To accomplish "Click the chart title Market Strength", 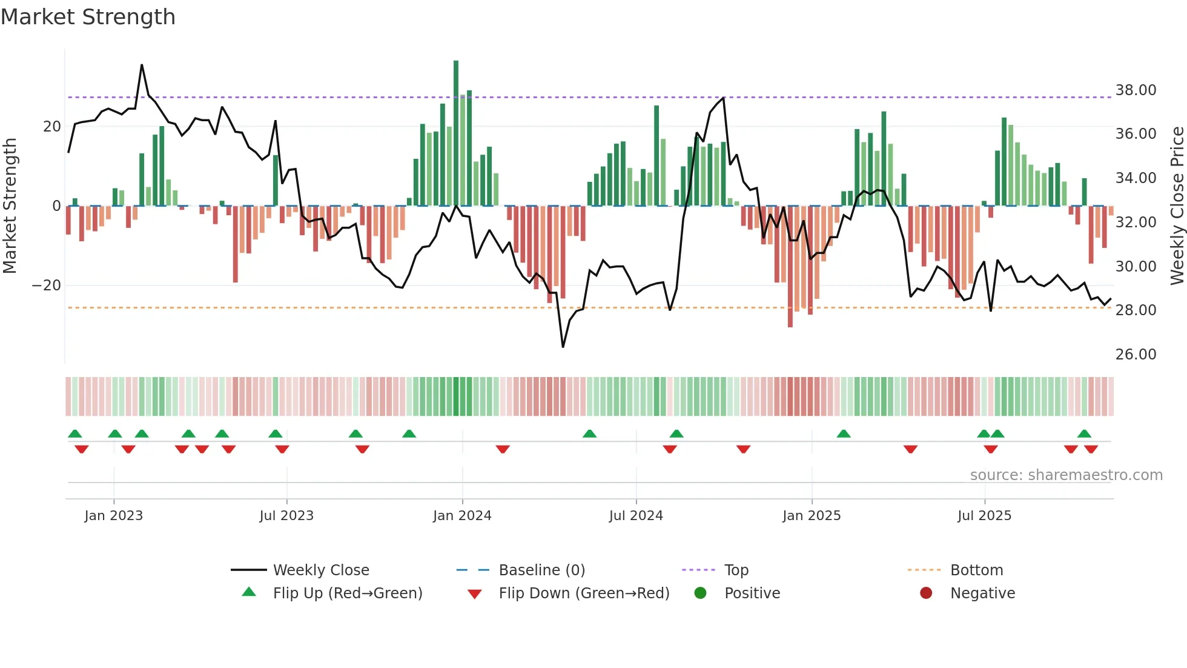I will coord(88,17).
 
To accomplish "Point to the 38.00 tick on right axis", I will coord(1136,90).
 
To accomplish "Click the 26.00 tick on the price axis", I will coord(1136,355).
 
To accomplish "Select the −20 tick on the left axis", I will coord(47,286).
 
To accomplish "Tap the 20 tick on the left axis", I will coord(52,127).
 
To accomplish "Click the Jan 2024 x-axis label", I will coord(462,516).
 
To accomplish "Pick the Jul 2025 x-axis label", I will coord(984,516).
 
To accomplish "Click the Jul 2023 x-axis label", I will coord(286,516).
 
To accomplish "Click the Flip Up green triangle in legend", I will coord(249,592).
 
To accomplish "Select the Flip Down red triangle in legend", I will coord(475,594).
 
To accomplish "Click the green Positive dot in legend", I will coord(701,593).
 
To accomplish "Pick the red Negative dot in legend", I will coord(926,593).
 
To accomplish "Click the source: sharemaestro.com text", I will coord(1066,475).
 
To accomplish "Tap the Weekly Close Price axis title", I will coord(1177,205).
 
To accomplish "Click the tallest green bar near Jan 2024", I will coord(456,133).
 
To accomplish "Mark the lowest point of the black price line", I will coord(563,347).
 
